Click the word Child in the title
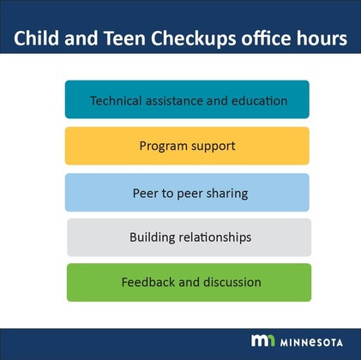(35, 39)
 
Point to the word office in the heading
(253, 39)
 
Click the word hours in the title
(316, 39)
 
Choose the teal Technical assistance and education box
(187, 99)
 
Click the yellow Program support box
(187, 146)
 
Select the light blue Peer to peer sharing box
(187, 193)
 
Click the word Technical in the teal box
(117, 100)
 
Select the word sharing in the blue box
(227, 193)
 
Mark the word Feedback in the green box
(147, 282)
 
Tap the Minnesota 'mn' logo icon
(262, 340)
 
